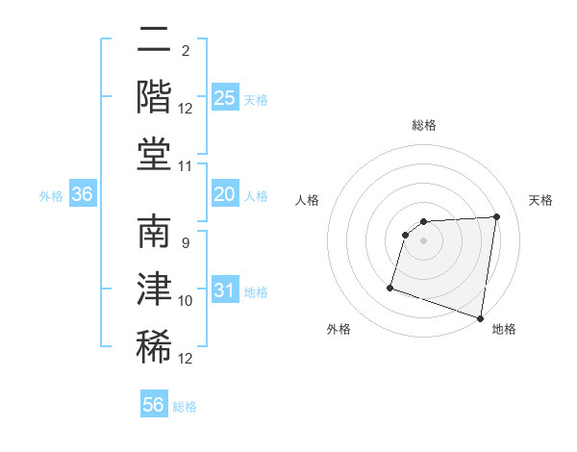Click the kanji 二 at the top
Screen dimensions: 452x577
click(154, 41)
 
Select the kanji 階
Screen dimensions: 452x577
click(154, 97)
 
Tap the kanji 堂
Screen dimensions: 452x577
click(154, 154)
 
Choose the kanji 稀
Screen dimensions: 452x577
click(154, 345)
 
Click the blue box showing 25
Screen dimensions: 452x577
click(225, 98)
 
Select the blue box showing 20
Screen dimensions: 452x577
click(225, 194)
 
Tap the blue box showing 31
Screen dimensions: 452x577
click(225, 290)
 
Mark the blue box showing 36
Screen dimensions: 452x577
click(83, 194)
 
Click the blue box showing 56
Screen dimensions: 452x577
click(154, 405)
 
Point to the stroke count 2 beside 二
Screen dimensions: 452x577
click(185, 50)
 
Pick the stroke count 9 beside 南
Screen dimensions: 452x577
click(185, 243)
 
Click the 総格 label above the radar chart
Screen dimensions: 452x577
click(424, 125)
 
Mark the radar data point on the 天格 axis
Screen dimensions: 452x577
click(496, 216)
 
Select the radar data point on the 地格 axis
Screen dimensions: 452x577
click(480, 317)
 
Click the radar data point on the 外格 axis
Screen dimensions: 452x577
click(390, 287)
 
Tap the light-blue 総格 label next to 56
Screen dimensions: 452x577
click(186, 407)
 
